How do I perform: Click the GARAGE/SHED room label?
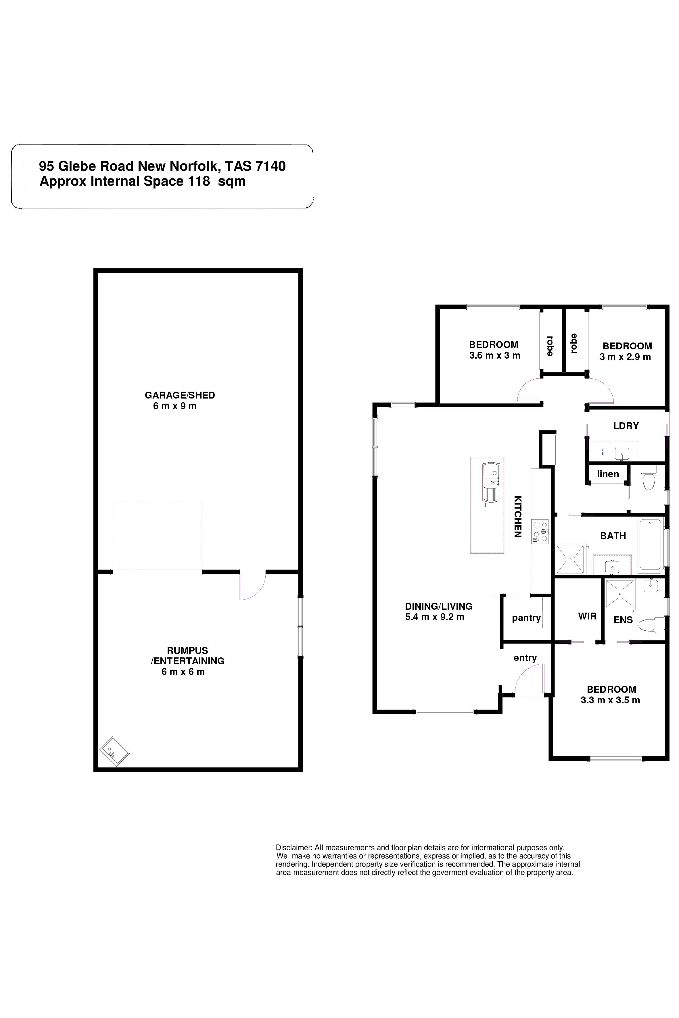[180, 395]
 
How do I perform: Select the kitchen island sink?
[492, 483]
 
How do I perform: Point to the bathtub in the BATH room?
[651, 544]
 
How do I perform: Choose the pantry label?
[526, 618]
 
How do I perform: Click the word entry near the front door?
[525, 658]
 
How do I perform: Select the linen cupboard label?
[608, 474]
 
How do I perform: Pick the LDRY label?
[626, 426]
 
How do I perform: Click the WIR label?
[587, 616]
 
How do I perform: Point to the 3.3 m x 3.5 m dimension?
[610, 700]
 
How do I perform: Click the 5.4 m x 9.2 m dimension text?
[435, 617]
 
